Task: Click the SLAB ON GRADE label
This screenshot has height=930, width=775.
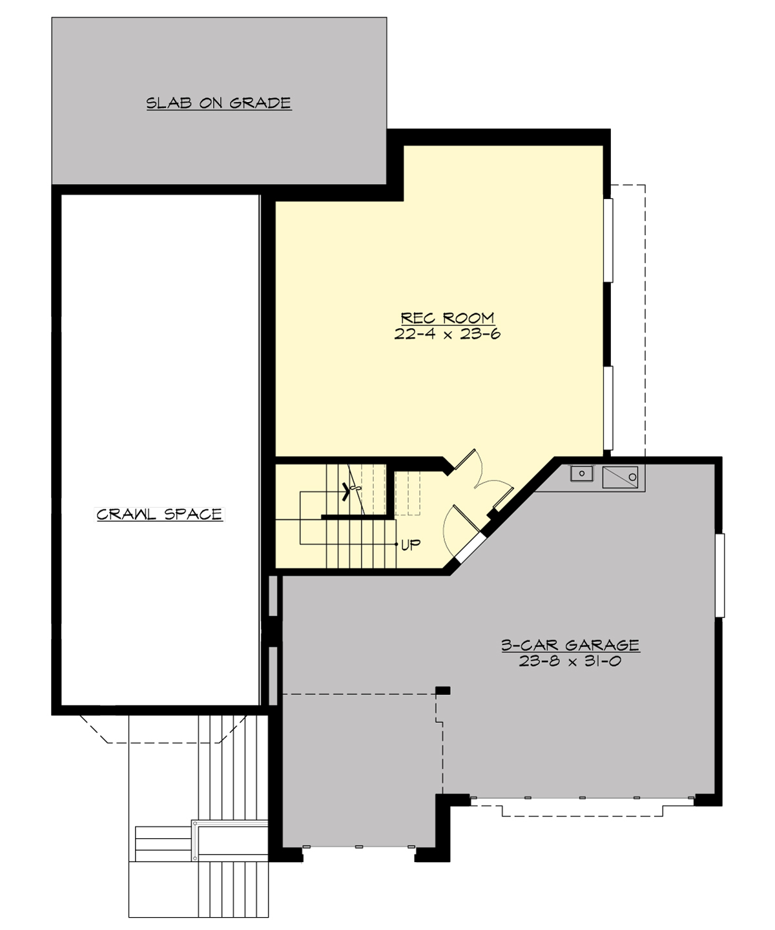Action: coord(218,103)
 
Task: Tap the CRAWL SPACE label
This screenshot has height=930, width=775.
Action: coord(160,514)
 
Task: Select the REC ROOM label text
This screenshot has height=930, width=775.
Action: coord(448,318)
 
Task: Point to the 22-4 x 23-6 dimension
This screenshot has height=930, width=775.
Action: coord(448,334)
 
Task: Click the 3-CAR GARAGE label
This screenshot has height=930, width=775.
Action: coord(570,645)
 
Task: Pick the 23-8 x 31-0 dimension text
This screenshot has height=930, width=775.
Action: coord(570,661)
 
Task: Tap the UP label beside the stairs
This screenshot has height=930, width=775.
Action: coord(411,545)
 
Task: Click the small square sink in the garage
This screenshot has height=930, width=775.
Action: coord(582,474)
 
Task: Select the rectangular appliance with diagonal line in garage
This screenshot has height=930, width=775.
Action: coord(620,477)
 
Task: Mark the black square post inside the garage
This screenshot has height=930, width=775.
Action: coord(442,690)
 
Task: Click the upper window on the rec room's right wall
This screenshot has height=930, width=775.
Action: coord(608,240)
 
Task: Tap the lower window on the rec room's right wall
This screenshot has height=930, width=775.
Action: coord(608,408)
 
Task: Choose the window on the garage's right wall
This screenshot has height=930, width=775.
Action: coord(721,575)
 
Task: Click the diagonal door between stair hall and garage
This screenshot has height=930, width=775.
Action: coord(470,548)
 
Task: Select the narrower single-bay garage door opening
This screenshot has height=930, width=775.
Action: coord(358,847)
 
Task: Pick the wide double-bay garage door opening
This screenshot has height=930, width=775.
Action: coord(581,799)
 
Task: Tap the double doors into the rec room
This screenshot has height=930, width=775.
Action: coord(481,478)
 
